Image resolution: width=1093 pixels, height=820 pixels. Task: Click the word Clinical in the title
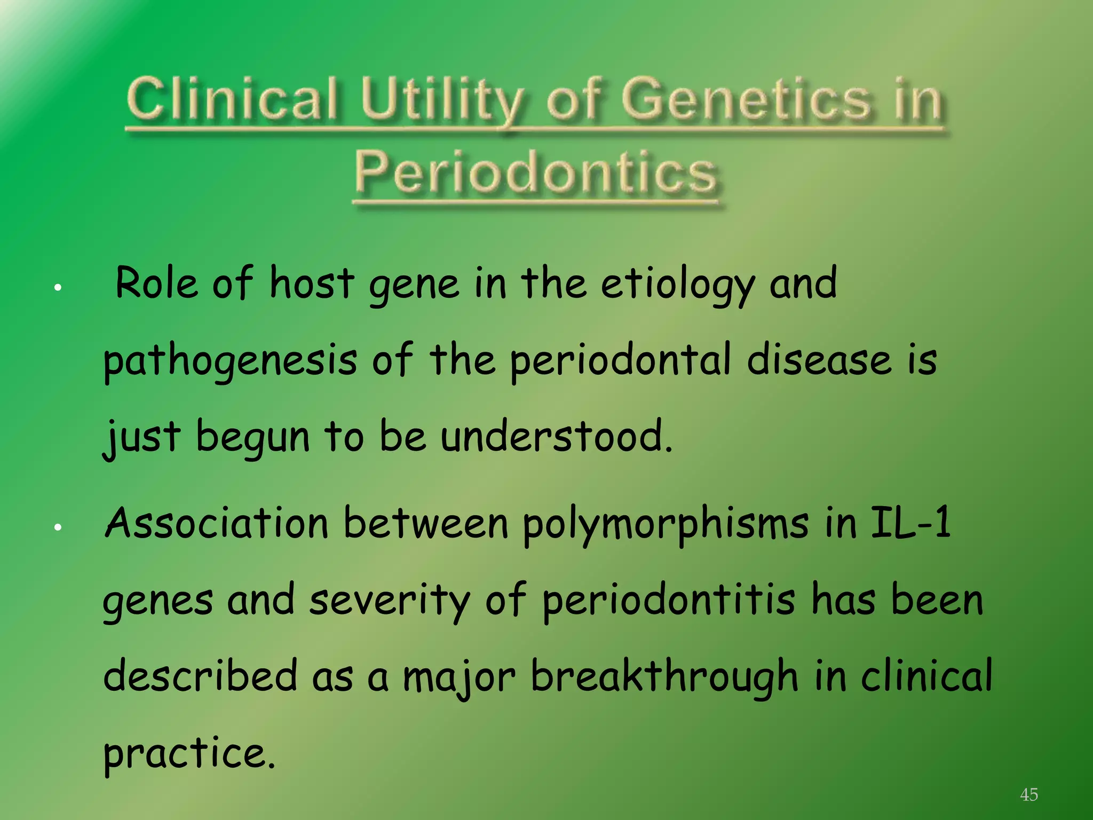tap(232, 99)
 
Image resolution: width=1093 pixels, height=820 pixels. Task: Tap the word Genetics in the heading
tap(746, 99)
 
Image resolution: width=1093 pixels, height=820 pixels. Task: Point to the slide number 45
tap(1028, 794)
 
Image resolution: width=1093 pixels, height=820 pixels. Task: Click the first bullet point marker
tap(58, 288)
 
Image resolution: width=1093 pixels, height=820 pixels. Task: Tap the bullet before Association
tap(58, 527)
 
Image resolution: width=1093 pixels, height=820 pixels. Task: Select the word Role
tap(157, 283)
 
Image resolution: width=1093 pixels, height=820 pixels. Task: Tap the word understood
tap(555, 437)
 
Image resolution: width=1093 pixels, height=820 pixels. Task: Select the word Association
tap(217, 523)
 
